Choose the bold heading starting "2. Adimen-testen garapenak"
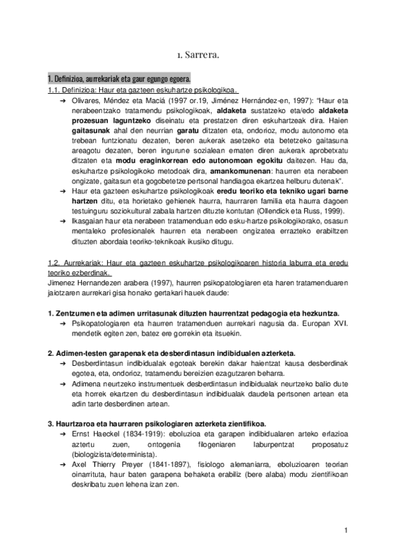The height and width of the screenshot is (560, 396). (172, 353)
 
